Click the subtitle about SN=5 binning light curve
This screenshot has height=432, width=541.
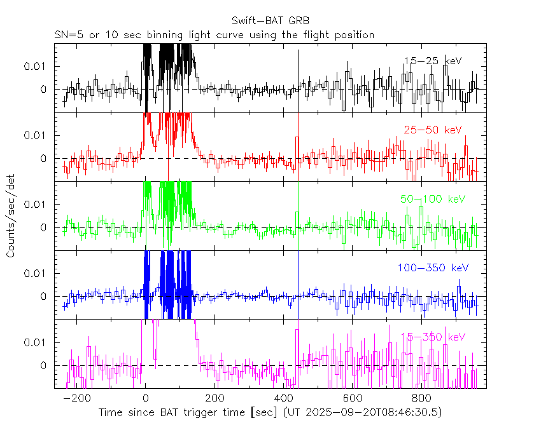(214, 35)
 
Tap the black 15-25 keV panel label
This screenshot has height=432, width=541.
(432, 61)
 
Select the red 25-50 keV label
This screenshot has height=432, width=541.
(432, 130)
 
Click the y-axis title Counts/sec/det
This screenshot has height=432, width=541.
(11, 217)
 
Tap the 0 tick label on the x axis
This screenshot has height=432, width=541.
(146, 398)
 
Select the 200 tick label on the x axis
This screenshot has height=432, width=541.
(214, 398)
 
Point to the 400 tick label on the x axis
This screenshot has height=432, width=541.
(283, 398)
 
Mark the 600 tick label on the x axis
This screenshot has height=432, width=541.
(352, 398)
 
